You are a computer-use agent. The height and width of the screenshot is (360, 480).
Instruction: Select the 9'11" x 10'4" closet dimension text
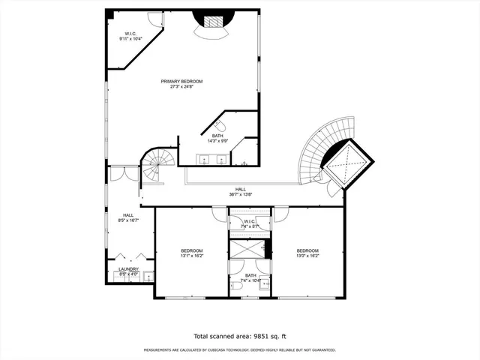pyautogui.click(x=129, y=39)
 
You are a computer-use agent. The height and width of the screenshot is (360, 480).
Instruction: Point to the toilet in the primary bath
pyautogui.click(x=221, y=125)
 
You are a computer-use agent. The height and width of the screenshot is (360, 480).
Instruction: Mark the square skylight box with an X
pyautogui.click(x=349, y=160)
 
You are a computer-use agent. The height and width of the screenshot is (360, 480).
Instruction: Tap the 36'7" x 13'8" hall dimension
pyautogui.click(x=241, y=194)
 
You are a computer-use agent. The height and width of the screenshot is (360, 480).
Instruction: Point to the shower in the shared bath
pyautogui.click(x=247, y=248)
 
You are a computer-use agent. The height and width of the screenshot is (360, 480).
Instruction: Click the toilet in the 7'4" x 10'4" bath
pyautogui.click(x=236, y=289)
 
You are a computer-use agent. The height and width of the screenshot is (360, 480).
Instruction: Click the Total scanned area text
pyautogui.click(x=239, y=336)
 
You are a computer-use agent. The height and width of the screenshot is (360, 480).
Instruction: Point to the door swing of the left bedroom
pyautogui.click(x=219, y=214)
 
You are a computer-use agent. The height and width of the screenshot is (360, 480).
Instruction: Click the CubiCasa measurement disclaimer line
pyautogui.click(x=239, y=349)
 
